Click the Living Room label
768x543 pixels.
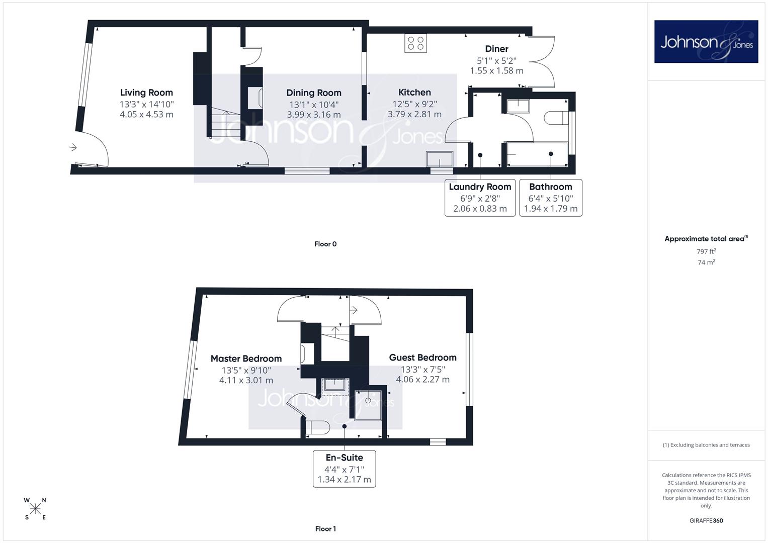coord(146,93)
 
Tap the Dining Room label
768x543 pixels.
coord(314,93)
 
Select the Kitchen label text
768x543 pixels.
coord(414,92)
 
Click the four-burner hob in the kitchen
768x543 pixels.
coord(415,44)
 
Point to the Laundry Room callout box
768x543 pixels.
coord(480,198)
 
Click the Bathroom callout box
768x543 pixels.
coord(551,198)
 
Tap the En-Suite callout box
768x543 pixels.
coord(344,469)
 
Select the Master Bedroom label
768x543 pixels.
coord(246,358)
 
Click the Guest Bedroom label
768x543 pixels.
coord(423,357)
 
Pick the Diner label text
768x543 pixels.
coord(496,49)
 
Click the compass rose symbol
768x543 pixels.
coord(35,509)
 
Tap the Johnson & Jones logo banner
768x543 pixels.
coord(706,41)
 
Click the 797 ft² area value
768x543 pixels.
coord(706,251)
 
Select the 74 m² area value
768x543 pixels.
coord(706,262)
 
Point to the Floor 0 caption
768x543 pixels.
coord(325,244)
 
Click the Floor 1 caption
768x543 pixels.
coord(325,529)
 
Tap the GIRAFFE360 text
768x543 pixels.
coord(706,521)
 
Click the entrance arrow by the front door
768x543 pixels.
coord(72,148)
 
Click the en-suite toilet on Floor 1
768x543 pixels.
coord(317,427)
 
